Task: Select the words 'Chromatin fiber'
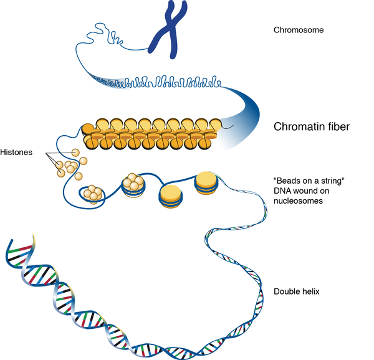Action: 312,127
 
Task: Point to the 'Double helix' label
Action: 295,291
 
